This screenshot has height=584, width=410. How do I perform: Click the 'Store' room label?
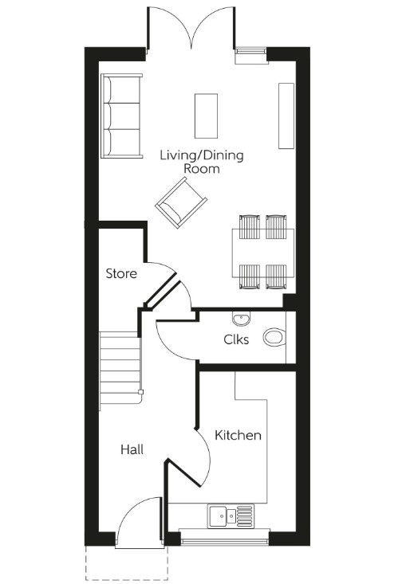pyautogui.click(x=121, y=273)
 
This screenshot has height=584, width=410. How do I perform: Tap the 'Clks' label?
pyautogui.click(x=236, y=339)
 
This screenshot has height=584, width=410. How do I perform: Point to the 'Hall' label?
pyautogui.click(x=132, y=450)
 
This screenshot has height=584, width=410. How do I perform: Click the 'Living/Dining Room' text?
pyautogui.click(x=201, y=162)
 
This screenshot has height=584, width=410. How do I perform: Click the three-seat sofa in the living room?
pyautogui.click(x=121, y=116)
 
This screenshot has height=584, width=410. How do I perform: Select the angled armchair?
pyautogui.click(x=182, y=202)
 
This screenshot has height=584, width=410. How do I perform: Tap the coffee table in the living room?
pyautogui.click(x=206, y=116)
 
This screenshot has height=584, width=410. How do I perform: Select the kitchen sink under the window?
pyautogui.click(x=231, y=516)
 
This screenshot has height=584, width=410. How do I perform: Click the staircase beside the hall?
pyautogui.click(x=120, y=371)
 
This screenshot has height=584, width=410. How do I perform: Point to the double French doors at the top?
pyautogui.click(x=190, y=28)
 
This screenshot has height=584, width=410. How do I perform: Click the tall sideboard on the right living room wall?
pyautogui.click(x=286, y=115)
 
